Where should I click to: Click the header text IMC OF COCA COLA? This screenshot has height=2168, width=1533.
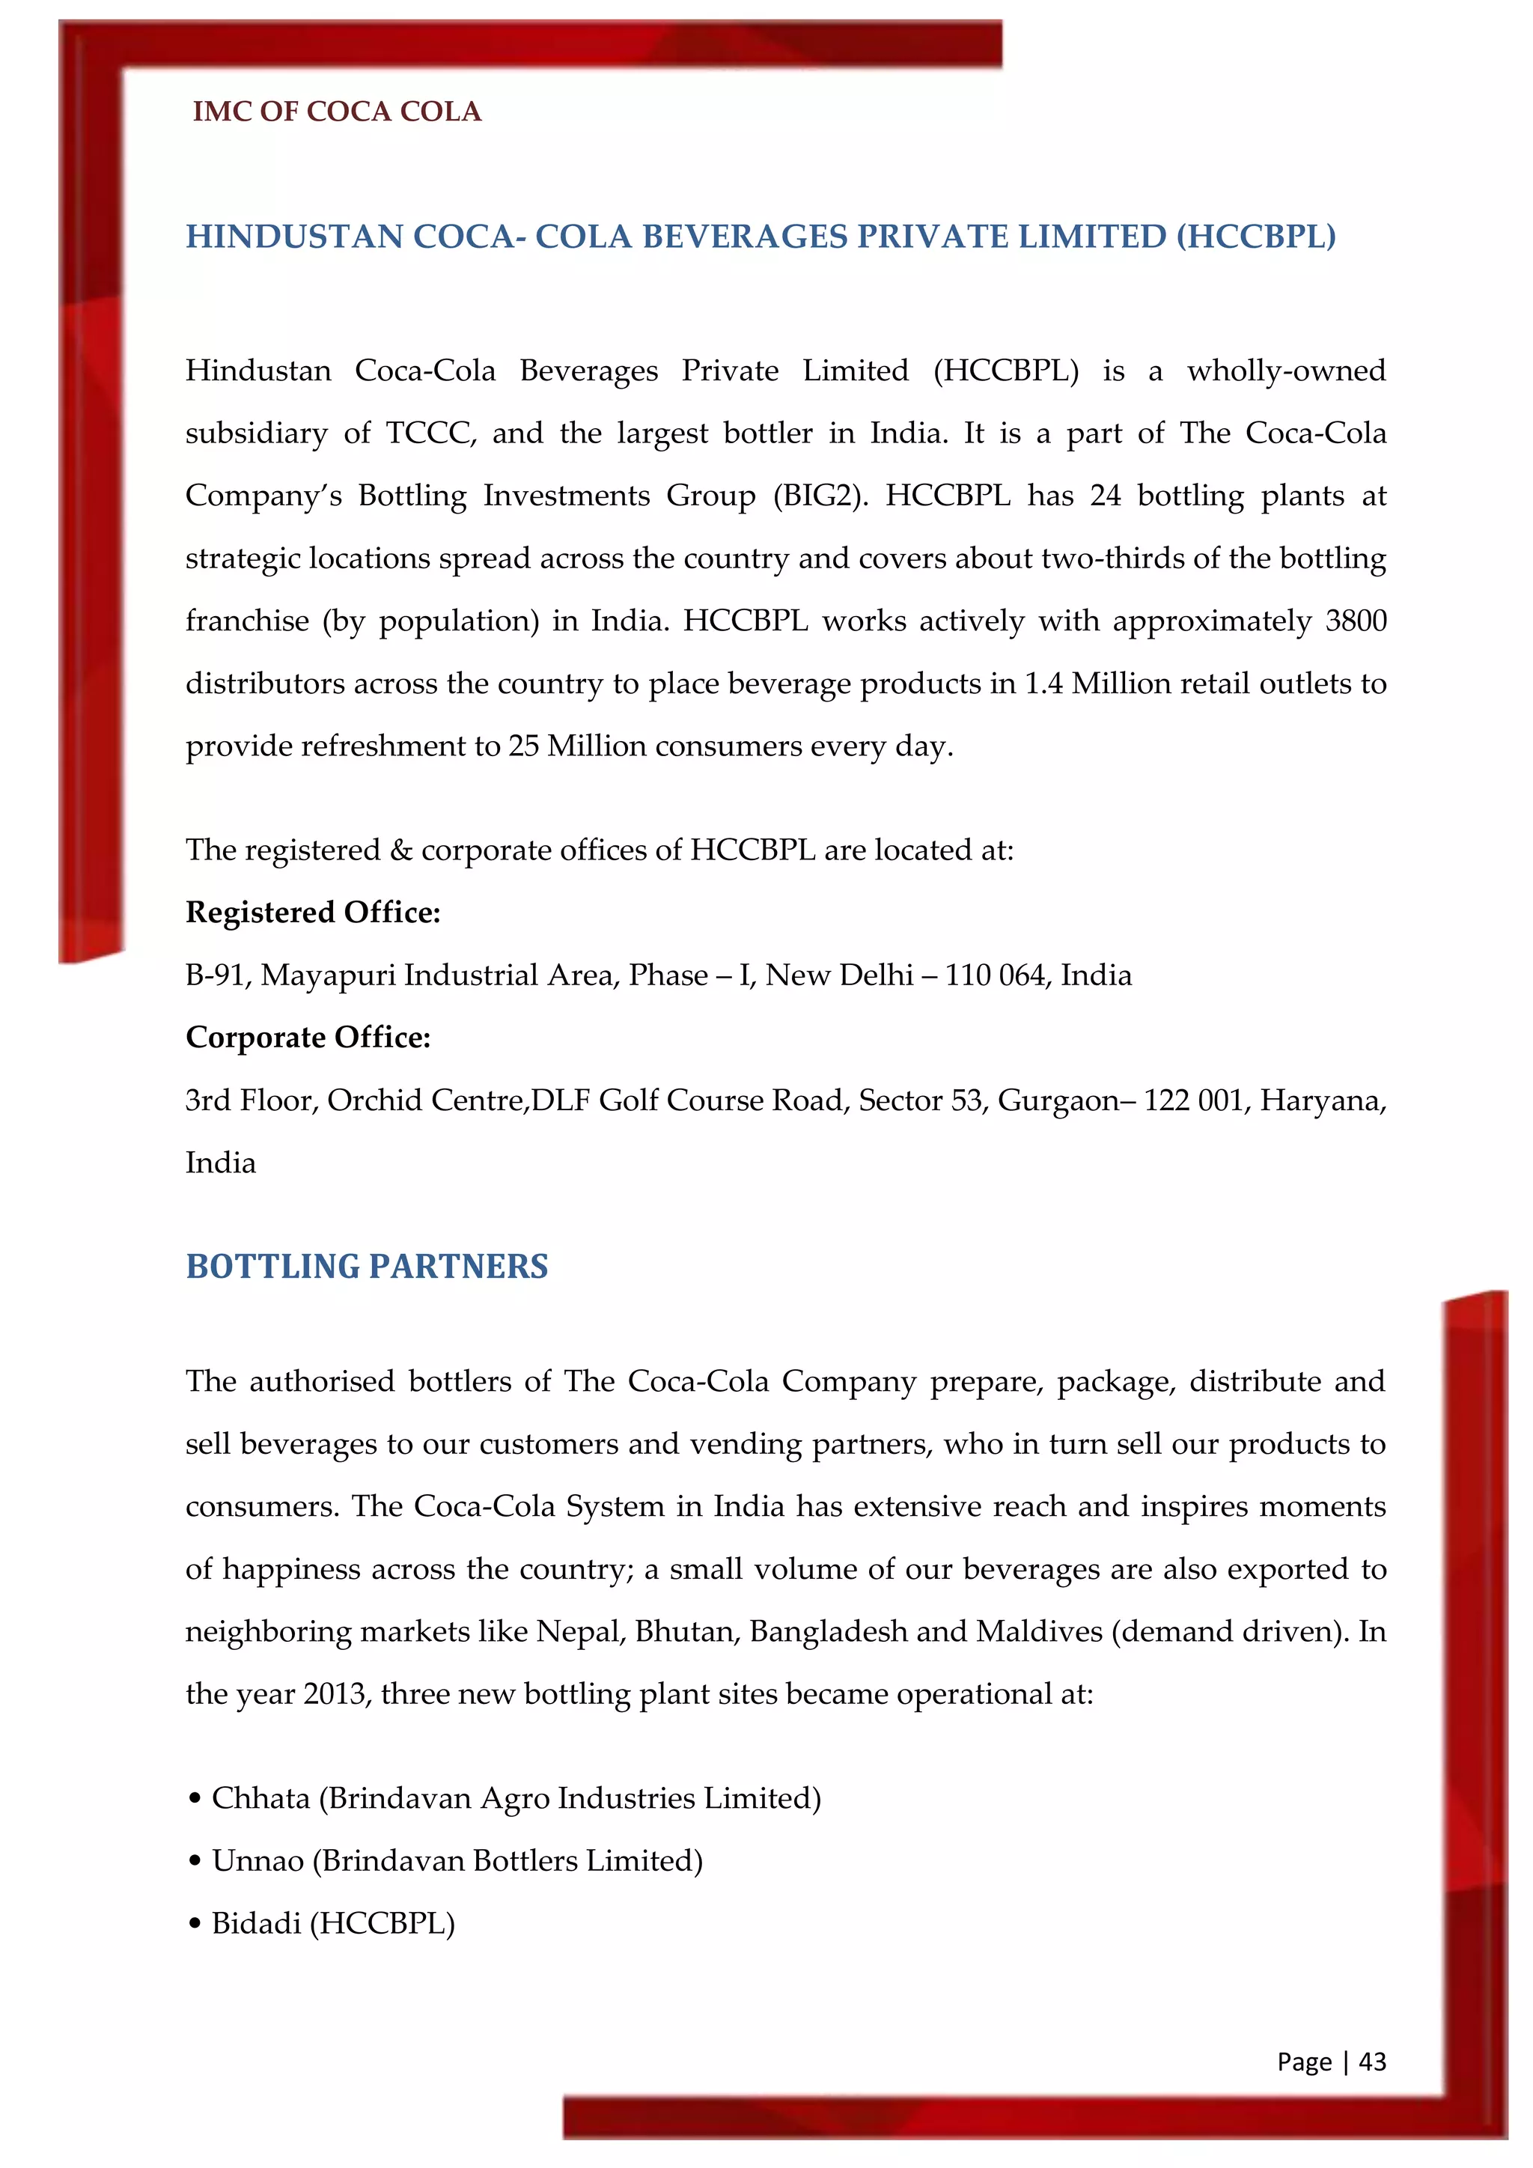337,112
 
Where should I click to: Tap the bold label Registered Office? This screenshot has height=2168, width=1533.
312,912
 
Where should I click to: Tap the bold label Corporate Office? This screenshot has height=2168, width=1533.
308,1037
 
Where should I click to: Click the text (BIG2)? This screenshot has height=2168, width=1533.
820,496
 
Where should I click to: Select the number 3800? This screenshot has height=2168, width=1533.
1356,621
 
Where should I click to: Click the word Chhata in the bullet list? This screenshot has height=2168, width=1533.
260,1798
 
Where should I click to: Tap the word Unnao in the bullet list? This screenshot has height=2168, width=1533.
257,1860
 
